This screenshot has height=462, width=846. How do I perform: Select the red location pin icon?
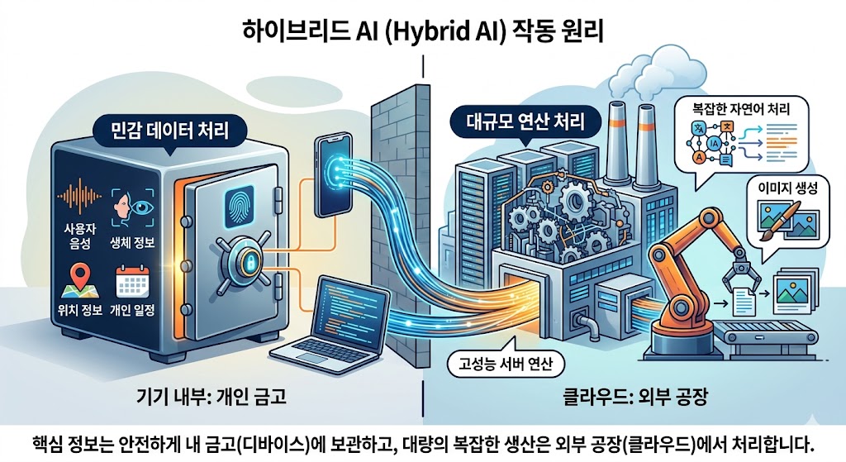point(80,276)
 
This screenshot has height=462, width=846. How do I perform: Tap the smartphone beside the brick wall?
point(331,178)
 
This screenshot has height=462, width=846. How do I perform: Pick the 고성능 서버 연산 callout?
point(503,362)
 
